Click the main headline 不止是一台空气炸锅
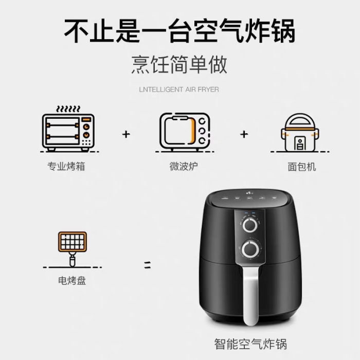(x=179, y=30)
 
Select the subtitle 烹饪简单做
(x=179, y=65)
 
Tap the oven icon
(x=68, y=132)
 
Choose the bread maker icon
(x=299, y=133)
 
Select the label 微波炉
(x=184, y=167)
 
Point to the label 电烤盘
(x=71, y=281)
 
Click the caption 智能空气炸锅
(x=250, y=344)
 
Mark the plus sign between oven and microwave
(x=126, y=134)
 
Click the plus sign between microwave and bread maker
(x=244, y=134)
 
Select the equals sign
(x=148, y=266)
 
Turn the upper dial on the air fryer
(x=250, y=225)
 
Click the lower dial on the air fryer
(x=250, y=249)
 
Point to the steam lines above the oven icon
(x=68, y=109)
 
